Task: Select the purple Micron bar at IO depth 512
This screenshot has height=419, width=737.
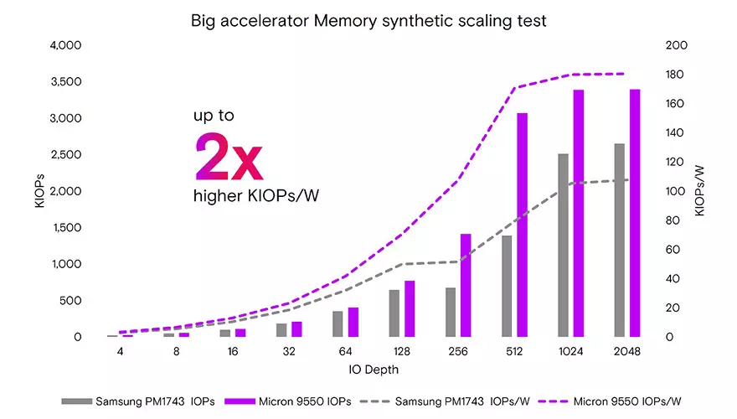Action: pyautogui.click(x=522, y=225)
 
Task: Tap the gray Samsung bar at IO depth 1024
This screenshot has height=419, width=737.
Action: pyautogui.click(x=563, y=245)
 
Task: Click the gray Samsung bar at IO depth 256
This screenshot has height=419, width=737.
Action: pyautogui.click(x=451, y=312)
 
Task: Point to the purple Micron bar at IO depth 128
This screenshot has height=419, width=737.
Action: pyautogui.click(x=410, y=308)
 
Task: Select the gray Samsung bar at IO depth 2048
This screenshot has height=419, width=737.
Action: pyautogui.click(x=620, y=240)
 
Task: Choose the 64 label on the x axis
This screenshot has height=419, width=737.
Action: pyautogui.click(x=344, y=353)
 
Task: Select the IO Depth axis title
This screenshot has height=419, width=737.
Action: pyautogui.click(x=368, y=369)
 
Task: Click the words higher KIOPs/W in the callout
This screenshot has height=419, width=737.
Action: pyautogui.click(x=257, y=196)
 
